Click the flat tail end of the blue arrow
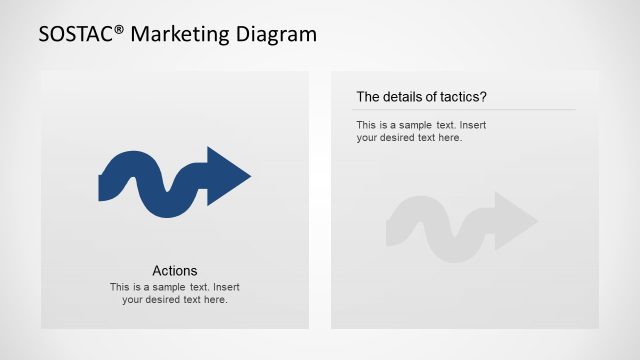(x=101, y=187)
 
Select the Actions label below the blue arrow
(x=175, y=270)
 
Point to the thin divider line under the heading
(x=466, y=109)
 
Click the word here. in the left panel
(x=215, y=299)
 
